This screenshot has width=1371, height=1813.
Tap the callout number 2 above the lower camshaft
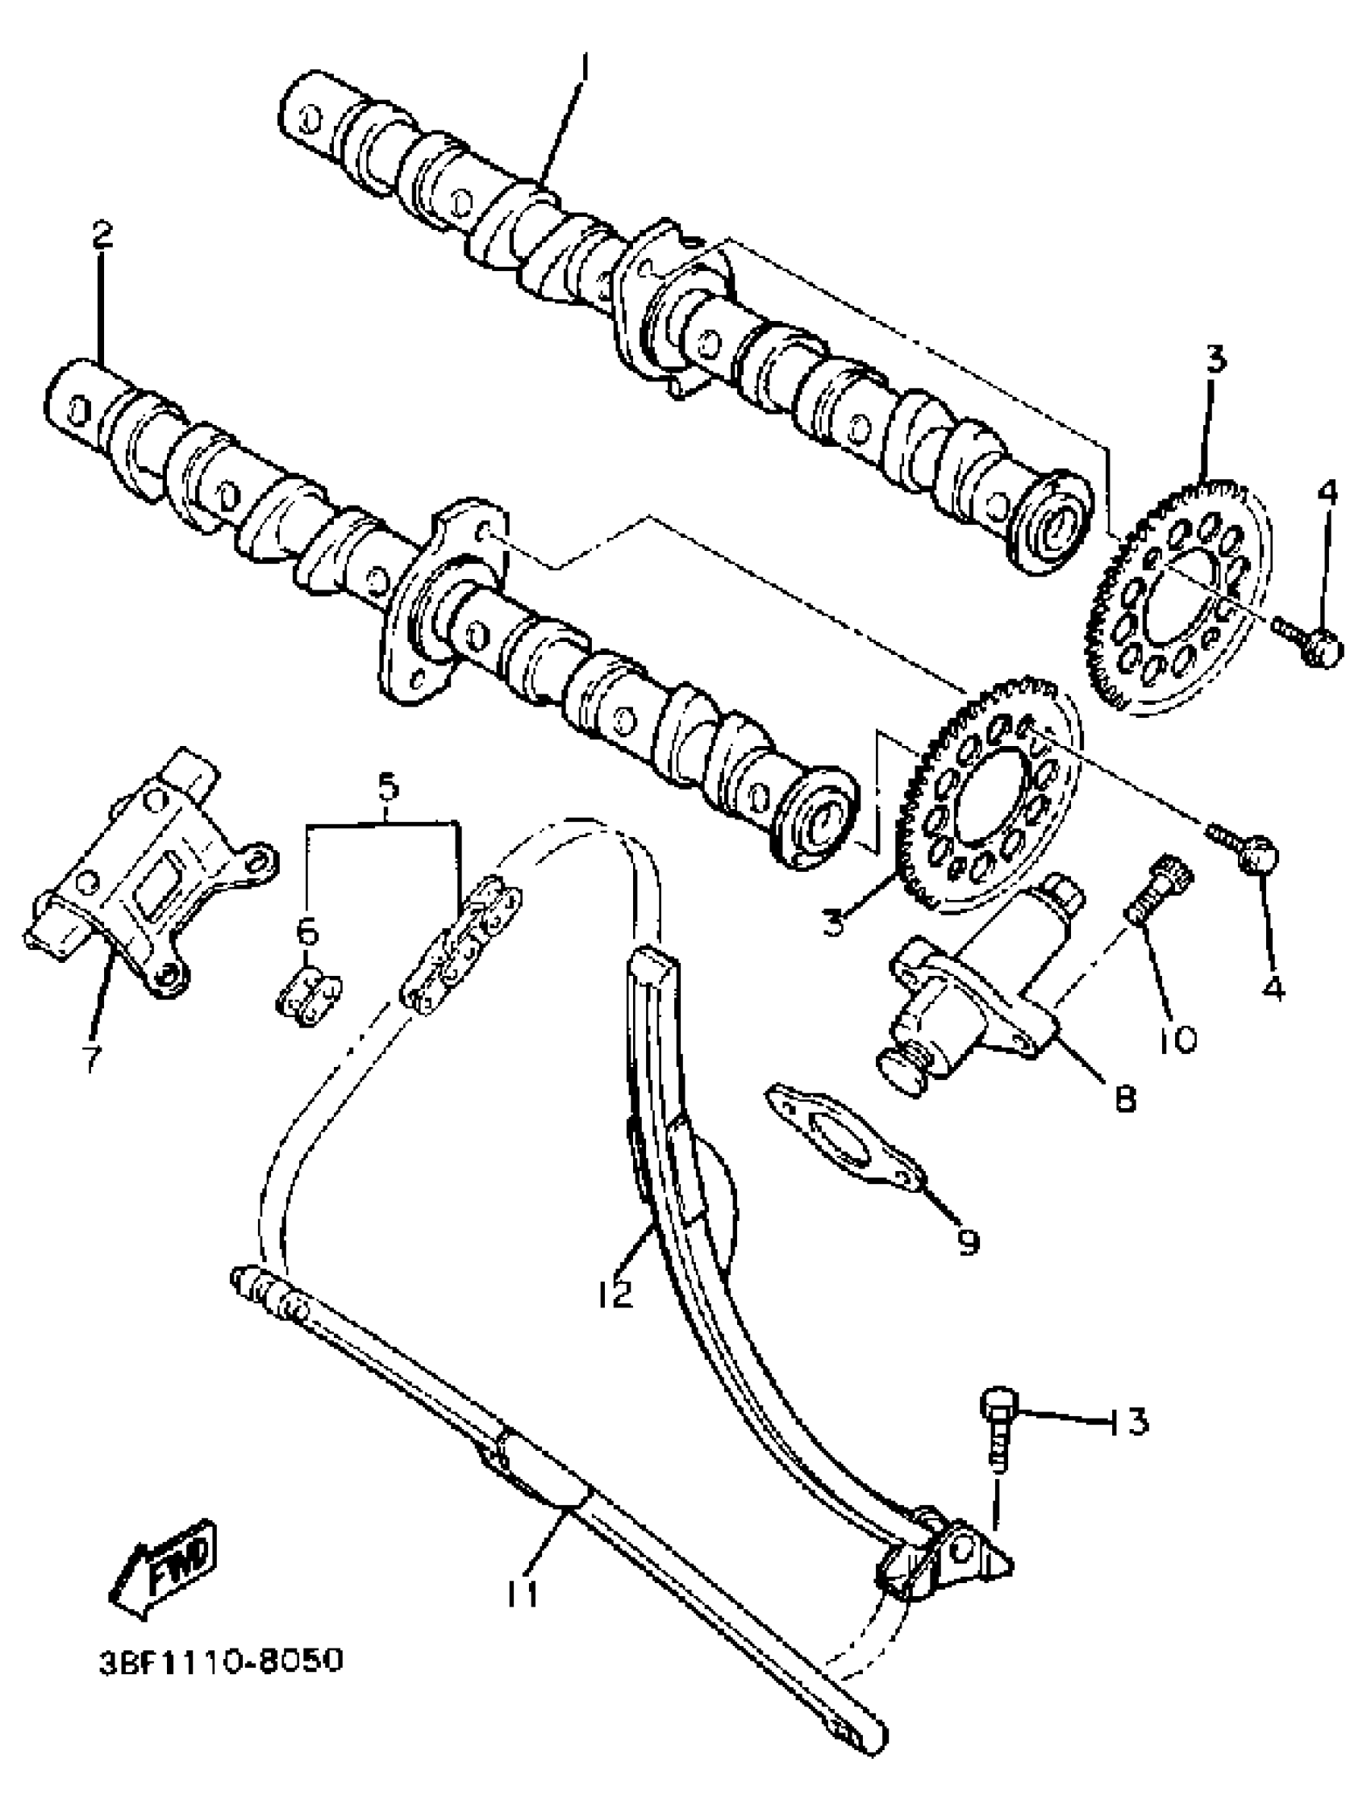pyautogui.click(x=102, y=235)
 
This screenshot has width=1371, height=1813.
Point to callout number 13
pyautogui.click(x=1130, y=1422)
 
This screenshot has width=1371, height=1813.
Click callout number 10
pyautogui.click(x=1177, y=1040)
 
